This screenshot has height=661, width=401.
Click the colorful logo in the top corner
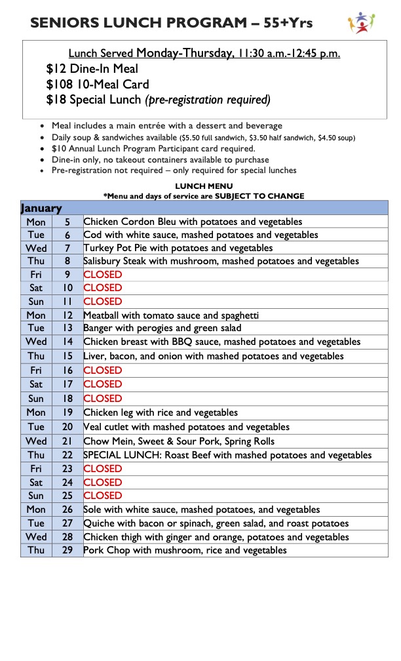pyautogui.click(x=362, y=23)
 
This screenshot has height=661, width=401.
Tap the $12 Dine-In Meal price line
pyautogui.click(x=92, y=69)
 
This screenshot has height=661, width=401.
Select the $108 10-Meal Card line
pyautogui.click(x=98, y=85)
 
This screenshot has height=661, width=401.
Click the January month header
pyautogui.click(x=41, y=209)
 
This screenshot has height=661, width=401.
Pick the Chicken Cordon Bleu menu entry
pyautogui.click(x=193, y=222)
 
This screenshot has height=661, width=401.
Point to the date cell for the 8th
pyautogui.click(x=67, y=261)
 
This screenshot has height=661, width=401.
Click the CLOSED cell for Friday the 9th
pyautogui.click(x=103, y=274)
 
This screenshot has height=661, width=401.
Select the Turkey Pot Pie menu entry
pyautogui.click(x=178, y=248)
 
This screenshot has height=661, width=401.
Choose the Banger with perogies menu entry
pyautogui.click(x=162, y=328)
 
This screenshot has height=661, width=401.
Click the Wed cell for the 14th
pyautogui.click(x=36, y=342)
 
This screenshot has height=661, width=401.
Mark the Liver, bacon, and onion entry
pyautogui.click(x=213, y=356)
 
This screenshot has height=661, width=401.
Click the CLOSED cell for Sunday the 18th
pyautogui.click(x=103, y=398)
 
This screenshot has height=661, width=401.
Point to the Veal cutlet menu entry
pyautogui.click(x=186, y=427)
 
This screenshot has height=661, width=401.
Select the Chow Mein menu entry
pyautogui.click(x=179, y=441)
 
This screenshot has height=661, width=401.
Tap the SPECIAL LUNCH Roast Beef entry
pyautogui.click(x=227, y=455)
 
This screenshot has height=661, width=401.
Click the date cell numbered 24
pyautogui.click(x=67, y=483)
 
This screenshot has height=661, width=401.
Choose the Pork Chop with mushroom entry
pyautogui.click(x=185, y=550)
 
